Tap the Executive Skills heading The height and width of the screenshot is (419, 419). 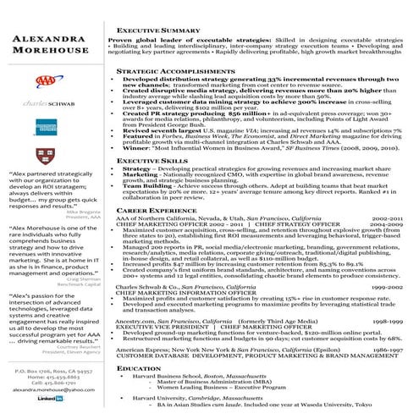coord(152,159)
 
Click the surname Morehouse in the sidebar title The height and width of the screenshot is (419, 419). coord(50,52)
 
